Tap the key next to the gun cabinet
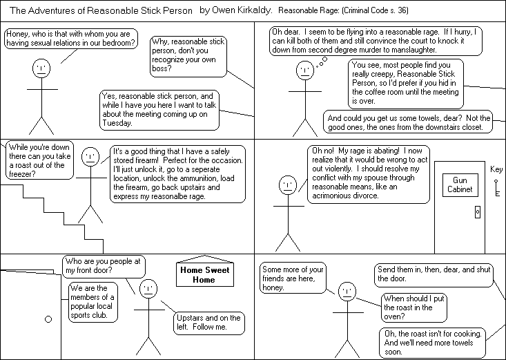pos(496,186)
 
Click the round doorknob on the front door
pos(48,319)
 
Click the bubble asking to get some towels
pos(409,122)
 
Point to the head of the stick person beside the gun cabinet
pos(286,184)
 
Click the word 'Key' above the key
pos(496,168)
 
